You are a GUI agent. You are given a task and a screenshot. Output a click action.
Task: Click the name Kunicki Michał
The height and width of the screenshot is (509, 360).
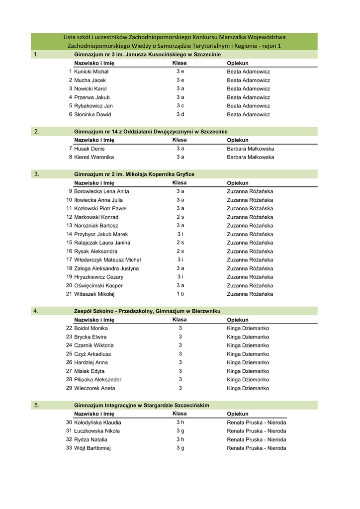(x=91, y=72)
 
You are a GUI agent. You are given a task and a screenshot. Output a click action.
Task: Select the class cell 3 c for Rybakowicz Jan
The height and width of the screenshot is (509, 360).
(x=180, y=106)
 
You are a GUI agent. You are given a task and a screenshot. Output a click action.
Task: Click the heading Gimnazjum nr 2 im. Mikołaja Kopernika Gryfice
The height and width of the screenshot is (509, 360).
(x=134, y=174)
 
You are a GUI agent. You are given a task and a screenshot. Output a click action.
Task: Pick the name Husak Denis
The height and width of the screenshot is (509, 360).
(x=90, y=149)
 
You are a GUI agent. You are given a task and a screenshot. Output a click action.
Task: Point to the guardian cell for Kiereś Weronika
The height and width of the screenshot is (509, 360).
(x=250, y=157)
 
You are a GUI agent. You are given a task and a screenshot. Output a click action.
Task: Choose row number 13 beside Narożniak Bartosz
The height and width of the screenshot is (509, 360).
(x=69, y=226)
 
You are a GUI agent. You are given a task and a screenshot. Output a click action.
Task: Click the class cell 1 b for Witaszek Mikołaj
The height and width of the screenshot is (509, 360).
(x=180, y=294)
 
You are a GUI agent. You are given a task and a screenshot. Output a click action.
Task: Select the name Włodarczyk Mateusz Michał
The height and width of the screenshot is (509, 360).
(x=107, y=260)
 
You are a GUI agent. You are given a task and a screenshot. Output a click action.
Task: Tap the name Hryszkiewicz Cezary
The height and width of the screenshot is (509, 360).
(x=98, y=277)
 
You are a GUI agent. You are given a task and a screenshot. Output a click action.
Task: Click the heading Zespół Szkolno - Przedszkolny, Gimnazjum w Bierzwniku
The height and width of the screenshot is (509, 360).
(x=147, y=311)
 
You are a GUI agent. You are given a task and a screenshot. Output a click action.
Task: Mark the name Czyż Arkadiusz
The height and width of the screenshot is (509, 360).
(x=92, y=354)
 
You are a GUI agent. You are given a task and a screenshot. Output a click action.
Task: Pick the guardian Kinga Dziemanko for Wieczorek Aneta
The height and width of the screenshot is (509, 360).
(x=248, y=388)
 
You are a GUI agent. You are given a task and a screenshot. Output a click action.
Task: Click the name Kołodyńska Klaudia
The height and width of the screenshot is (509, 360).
(x=97, y=423)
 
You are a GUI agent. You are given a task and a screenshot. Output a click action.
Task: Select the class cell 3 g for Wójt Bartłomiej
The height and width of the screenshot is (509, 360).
(x=180, y=448)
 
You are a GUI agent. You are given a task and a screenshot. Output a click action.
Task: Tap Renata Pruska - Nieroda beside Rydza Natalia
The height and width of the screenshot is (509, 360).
(x=257, y=439)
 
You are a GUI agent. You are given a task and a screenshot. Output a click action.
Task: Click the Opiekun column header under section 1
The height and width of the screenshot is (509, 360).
(x=238, y=64)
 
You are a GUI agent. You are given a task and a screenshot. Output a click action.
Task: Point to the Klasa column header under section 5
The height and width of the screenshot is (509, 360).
(x=180, y=414)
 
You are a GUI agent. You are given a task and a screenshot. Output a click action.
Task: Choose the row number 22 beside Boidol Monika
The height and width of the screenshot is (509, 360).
(x=69, y=328)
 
